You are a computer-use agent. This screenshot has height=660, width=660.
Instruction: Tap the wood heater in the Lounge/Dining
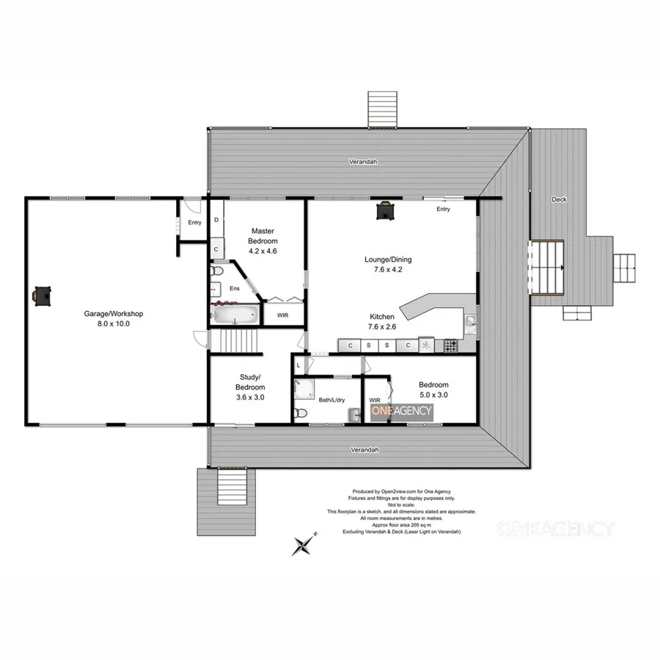click(385, 210)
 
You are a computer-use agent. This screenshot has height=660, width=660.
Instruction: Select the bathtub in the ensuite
click(234, 315)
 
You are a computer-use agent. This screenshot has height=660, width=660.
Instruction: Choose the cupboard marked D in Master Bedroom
click(216, 220)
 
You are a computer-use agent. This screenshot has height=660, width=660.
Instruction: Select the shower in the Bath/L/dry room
click(304, 389)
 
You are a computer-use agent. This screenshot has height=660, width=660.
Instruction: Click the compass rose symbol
click(304, 544)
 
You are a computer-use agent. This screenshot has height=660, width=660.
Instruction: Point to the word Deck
click(559, 199)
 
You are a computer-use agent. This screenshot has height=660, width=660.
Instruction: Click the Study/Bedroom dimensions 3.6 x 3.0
click(249, 397)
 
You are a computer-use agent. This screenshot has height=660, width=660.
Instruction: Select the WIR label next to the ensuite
click(282, 315)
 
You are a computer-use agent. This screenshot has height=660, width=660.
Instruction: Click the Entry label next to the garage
click(194, 222)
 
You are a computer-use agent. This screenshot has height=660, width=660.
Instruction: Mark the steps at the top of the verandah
click(382, 109)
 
